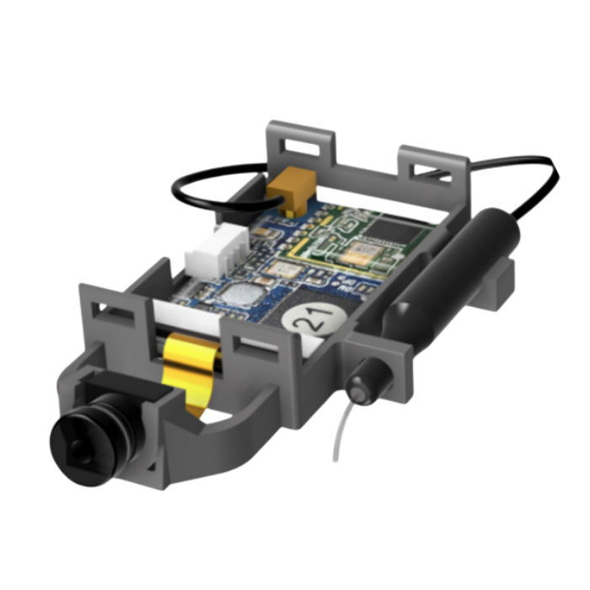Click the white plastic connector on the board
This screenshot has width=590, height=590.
point(218,250)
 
